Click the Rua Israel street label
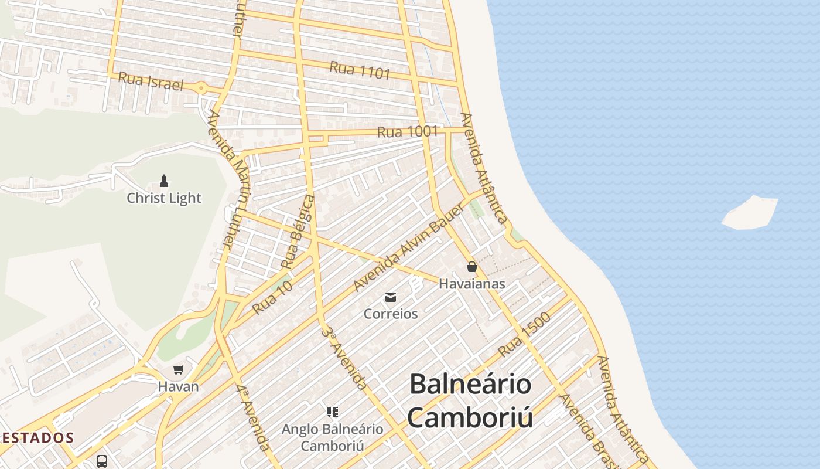(151, 81)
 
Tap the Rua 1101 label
(360, 70)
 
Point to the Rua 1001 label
(408, 132)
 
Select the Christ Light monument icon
(164, 181)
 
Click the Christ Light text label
(164, 198)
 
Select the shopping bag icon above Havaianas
(472, 267)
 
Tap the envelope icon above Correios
(391, 297)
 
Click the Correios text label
(391, 314)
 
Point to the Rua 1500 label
(524, 335)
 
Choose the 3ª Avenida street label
(344, 358)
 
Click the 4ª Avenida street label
(253, 417)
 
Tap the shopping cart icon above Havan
(179, 369)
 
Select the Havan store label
(179, 387)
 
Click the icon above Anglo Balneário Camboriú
(333, 412)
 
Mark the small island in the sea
(750, 212)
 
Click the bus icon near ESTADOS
(102, 461)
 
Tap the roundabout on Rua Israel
(201, 89)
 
